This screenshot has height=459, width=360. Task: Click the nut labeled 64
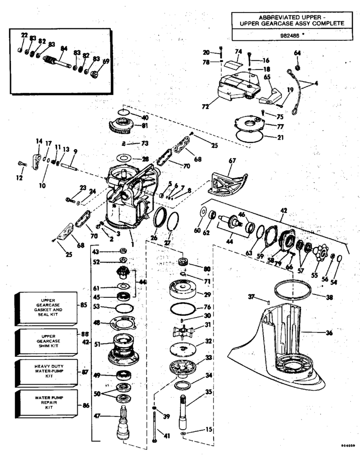pos(298,68)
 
